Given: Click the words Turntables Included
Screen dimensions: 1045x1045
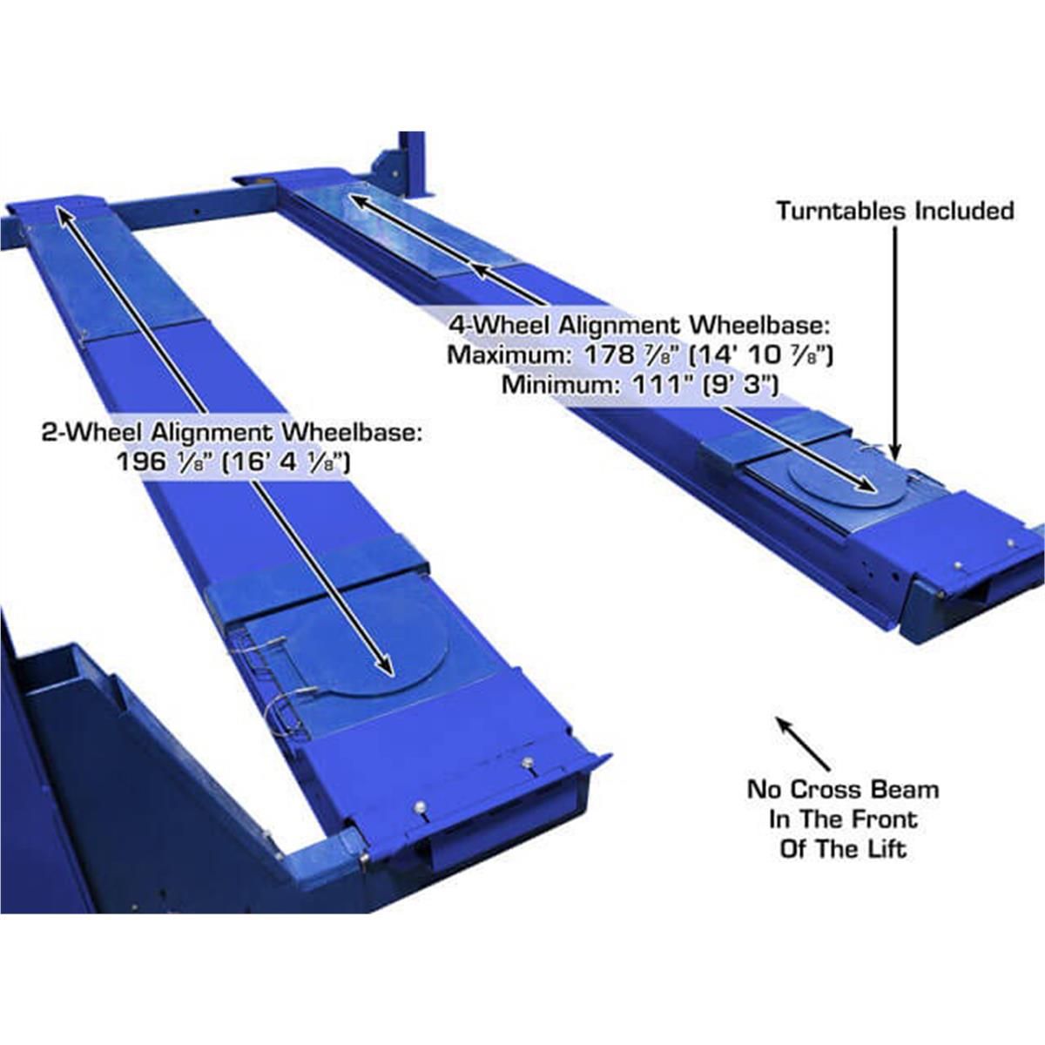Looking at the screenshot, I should click(x=895, y=211).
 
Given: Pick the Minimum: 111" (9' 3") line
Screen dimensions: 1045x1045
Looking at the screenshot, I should click(x=639, y=384).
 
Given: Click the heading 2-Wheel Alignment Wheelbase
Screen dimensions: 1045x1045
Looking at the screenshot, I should click(x=232, y=433).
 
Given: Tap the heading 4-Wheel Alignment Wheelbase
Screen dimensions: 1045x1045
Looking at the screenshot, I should click(x=640, y=326).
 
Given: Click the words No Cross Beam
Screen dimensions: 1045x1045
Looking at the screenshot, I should click(x=843, y=790).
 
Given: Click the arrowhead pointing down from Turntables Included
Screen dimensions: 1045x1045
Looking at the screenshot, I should click(x=895, y=448).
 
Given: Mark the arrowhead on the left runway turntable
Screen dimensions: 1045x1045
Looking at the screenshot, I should click(x=384, y=665).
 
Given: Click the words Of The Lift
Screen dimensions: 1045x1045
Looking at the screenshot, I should click(x=843, y=849).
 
